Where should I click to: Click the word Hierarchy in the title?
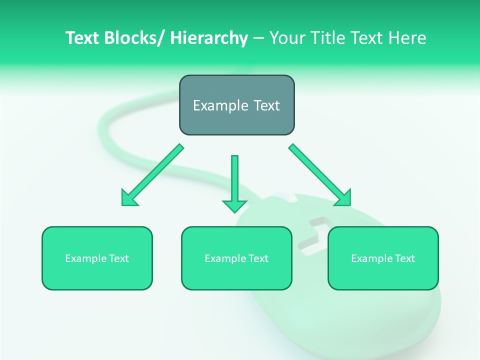208,38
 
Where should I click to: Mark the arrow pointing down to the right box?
320,175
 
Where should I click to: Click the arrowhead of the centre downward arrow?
234,205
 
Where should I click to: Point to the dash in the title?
258,38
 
